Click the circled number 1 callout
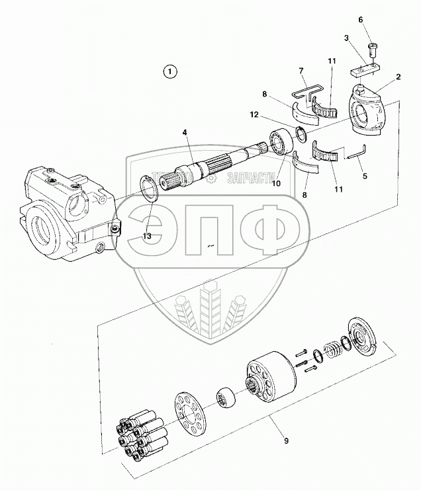pyautogui.click(x=171, y=71)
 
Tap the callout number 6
pyautogui.click(x=361, y=19)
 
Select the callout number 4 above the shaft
pyautogui.click(x=186, y=132)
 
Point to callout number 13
pyautogui.click(x=147, y=236)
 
